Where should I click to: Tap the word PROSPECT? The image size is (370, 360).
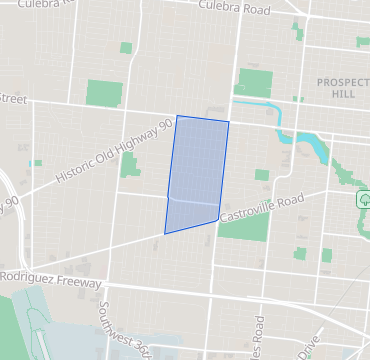343,82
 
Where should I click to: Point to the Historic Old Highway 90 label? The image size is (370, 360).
116,150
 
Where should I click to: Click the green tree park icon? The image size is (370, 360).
362,199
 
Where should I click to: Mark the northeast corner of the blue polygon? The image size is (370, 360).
229,123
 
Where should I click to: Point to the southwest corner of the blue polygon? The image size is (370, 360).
165,233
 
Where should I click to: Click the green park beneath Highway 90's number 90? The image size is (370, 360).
129,164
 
